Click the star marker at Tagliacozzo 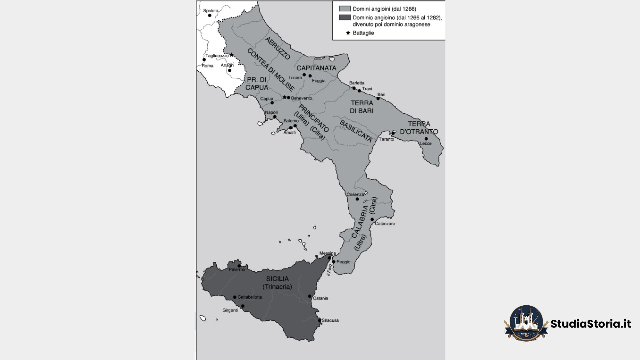point(232,55)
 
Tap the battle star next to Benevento point(284,97)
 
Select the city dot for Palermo point(239,266)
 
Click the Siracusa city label point(330,320)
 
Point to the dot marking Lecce point(426,139)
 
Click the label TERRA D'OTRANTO point(419,128)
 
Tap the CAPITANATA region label point(316,68)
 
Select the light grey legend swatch point(345,9)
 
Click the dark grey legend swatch point(345,17)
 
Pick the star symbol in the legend point(348,33)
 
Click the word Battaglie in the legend point(363,33)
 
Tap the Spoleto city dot point(210,15)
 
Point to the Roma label point(207,66)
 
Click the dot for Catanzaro point(372,219)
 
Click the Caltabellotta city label point(250,297)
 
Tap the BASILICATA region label point(356,131)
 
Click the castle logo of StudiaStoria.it point(526,323)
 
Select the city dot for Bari point(378,99)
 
